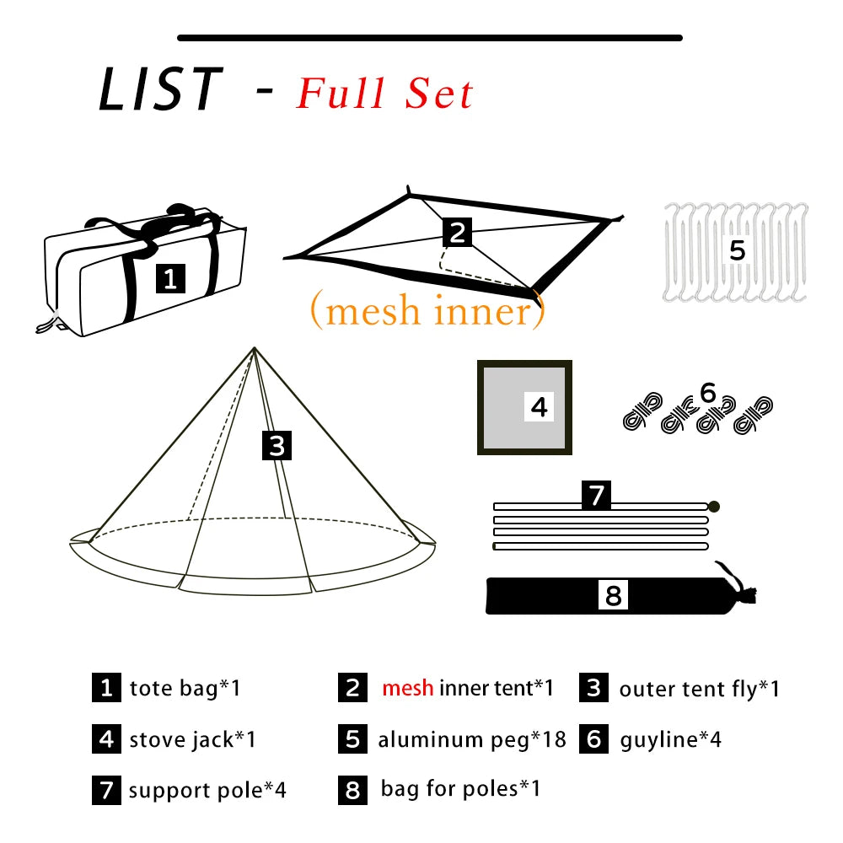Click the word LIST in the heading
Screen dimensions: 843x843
tap(160, 89)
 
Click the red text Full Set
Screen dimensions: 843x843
tap(384, 94)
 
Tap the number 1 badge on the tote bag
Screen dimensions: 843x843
tap(170, 278)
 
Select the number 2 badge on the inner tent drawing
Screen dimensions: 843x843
tap(456, 231)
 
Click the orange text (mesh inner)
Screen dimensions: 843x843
tap(427, 311)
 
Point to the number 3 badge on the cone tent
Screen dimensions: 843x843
tap(277, 445)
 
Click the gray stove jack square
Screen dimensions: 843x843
tap(524, 408)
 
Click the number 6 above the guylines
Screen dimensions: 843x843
tap(707, 392)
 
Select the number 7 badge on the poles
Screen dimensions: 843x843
tap(597, 495)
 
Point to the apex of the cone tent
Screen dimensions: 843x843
tap(254, 349)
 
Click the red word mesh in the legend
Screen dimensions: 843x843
tap(407, 688)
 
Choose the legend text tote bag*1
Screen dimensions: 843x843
tap(185, 688)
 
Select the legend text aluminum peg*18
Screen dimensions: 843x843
tap(471, 740)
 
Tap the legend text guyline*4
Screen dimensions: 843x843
tap(670, 740)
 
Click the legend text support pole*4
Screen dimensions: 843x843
tap(207, 791)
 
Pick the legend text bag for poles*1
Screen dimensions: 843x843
tap(460, 789)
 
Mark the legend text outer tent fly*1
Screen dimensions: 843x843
tap(699, 689)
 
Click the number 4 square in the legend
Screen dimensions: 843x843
tap(105, 739)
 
